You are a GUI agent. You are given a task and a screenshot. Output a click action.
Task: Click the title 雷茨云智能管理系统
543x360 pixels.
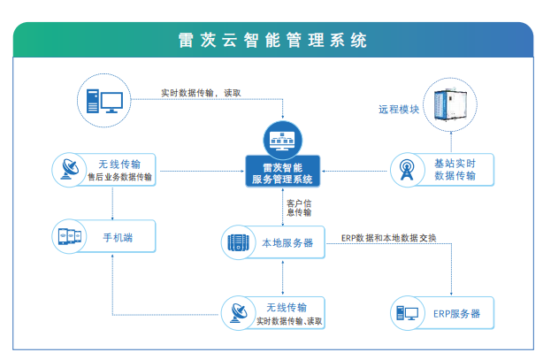pos(271,41)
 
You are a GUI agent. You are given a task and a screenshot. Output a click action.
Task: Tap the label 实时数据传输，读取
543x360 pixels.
pos(201,92)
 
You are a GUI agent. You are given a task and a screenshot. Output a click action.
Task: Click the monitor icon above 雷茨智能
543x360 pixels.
pos(283,140)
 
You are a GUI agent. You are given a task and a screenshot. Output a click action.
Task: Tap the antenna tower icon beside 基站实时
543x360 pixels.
pos(407,168)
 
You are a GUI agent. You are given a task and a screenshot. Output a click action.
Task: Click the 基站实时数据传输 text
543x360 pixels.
pos(455,168)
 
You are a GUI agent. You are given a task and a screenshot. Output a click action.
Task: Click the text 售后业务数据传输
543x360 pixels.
pos(120,178)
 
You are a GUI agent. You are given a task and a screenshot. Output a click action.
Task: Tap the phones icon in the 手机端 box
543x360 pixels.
pos(69,237)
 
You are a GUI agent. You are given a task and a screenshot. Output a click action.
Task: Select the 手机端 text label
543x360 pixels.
pos(116,237)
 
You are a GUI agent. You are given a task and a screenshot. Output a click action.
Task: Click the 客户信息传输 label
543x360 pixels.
pos(299,207)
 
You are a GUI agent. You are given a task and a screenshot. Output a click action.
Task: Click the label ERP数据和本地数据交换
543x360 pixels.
pos(388,237)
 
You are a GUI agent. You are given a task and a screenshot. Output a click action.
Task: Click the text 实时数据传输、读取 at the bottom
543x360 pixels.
pos(288,320)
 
